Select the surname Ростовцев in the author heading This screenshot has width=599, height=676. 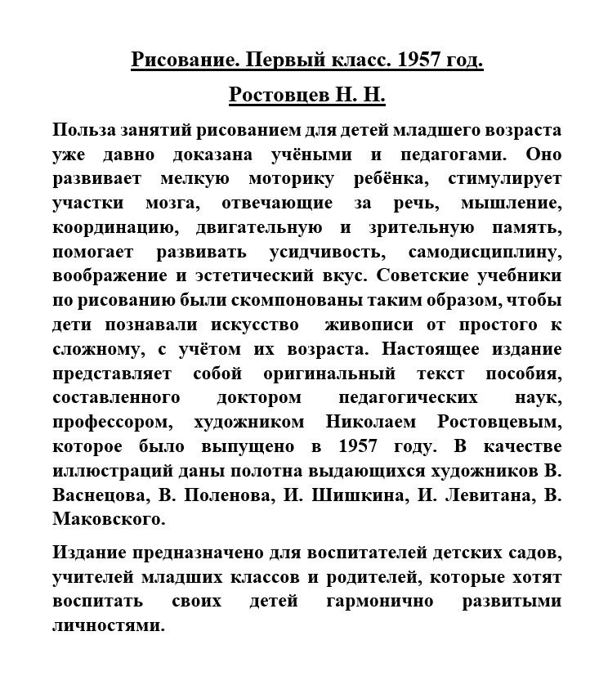click(x=278, y=96)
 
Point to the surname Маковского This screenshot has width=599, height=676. click(x=109, y=519)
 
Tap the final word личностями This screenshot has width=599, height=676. click(x=108, y=627)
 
